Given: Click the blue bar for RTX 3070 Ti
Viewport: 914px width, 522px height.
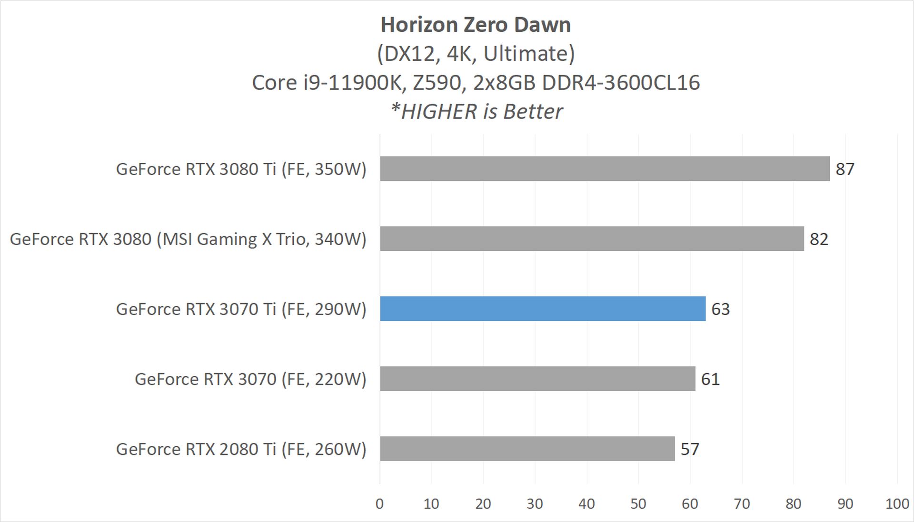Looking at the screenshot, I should [543, 309].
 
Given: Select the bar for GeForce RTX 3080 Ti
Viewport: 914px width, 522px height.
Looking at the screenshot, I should [605, 168].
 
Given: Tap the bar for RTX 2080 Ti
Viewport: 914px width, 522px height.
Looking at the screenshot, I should [527, 449].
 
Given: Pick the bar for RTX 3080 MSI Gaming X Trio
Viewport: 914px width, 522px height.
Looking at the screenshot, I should [592, 238].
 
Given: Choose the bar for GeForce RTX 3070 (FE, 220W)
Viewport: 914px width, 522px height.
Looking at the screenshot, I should [537, 379].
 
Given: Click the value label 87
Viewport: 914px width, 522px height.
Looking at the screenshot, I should [845, 169].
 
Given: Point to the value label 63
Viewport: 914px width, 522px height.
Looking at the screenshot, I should [720, 309].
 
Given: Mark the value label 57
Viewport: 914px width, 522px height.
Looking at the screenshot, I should [689, 449].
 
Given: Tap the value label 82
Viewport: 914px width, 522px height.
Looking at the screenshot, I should [819, 239].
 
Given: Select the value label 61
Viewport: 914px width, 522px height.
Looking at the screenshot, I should [710, 379].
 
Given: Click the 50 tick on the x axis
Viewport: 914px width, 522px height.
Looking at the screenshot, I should [638, 504].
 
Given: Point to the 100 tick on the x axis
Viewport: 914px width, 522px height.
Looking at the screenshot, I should [897, 504].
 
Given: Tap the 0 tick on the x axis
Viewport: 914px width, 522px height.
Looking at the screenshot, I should [379, 504].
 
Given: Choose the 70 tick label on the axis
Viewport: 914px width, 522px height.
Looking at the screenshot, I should [742, 504].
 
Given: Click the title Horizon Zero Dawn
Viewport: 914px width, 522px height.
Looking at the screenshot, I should [476, 25].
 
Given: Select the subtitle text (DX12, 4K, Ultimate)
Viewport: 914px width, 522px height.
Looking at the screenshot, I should [476, 54].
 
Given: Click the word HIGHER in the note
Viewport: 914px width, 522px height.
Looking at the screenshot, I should [439, 112].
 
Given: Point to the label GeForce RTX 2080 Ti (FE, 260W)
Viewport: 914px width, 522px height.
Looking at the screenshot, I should [241, 449].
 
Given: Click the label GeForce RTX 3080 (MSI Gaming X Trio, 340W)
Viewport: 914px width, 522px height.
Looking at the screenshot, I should [188, 239].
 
